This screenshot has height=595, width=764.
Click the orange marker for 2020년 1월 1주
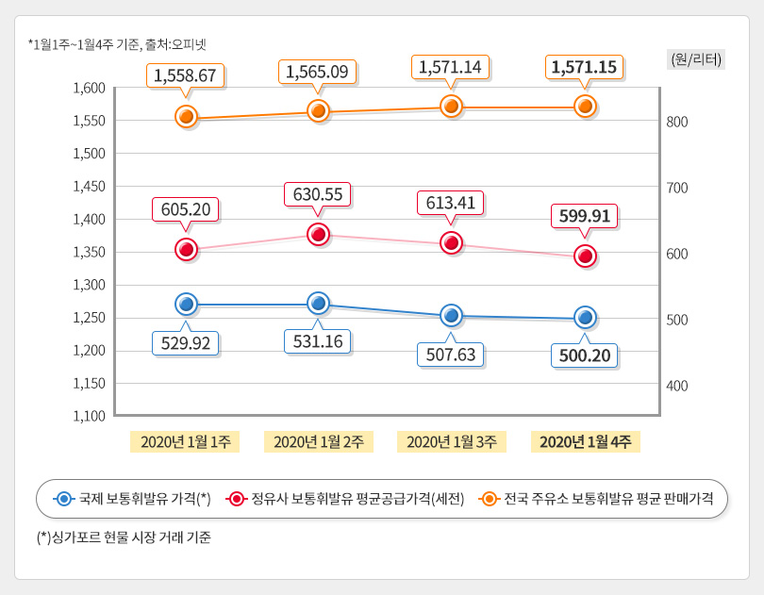pos(186,117)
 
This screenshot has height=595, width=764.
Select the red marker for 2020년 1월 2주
pos(319,234)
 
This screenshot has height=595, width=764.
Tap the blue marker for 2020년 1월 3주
pos(452,315)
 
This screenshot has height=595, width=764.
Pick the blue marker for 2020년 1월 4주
pos(585,317)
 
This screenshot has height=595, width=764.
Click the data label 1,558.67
pos(186,74)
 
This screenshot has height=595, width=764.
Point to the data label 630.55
pos(319,194)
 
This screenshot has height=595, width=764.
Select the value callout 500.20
pos(585,355)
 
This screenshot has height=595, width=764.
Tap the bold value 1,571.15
pos(585,67)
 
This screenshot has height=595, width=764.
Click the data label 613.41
pos(451,203)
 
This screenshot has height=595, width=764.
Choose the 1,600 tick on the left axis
pos(89,88)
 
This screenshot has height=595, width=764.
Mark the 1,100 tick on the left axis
pos(89,415)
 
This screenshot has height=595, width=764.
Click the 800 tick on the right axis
pos(677,122)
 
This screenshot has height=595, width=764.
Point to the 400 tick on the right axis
pos(677,386)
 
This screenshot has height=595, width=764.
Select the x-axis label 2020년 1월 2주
pos(319,441)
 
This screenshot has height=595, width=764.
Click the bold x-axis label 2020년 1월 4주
pos(585,441)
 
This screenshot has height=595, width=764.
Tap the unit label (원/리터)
pos(695,59)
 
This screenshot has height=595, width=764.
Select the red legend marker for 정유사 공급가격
pos(236,498)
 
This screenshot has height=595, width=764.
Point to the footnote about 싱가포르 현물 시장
pos(124,538)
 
